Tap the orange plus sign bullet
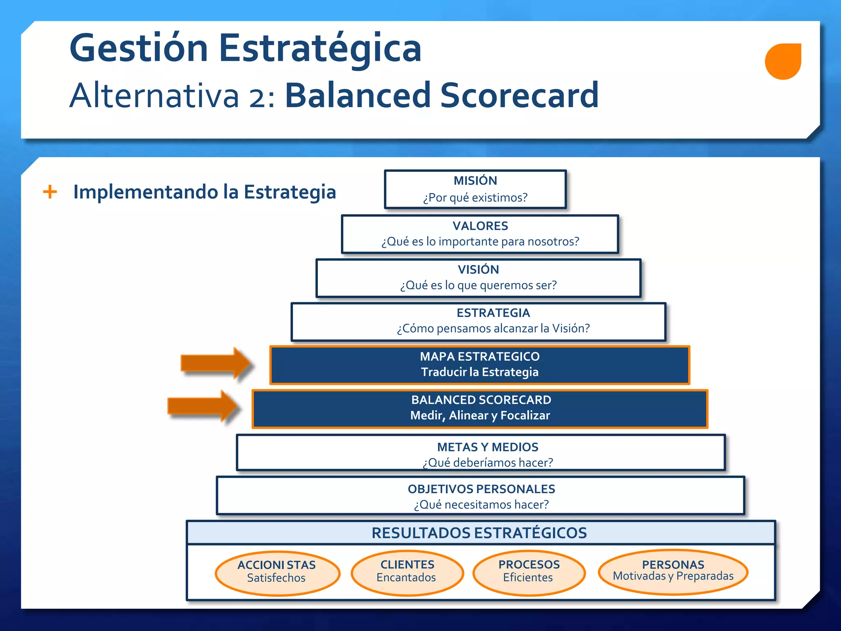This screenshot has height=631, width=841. point(50,192)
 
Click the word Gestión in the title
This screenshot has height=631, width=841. point(139,48)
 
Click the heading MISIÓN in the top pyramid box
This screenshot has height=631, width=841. point(475,181)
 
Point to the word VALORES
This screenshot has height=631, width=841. point(480,226)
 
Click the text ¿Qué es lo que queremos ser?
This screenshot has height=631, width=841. point(478,285)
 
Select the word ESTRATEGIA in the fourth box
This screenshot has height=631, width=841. point(493,313)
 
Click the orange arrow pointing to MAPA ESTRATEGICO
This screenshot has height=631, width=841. point(216,363)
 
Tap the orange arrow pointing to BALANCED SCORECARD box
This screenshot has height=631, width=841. point(203,406)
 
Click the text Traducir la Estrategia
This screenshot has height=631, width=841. point(480,372)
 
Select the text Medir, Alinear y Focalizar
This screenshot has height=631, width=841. point(480,415)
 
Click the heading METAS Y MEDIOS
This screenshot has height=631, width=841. point(487,447)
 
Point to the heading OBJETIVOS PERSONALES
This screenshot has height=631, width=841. point(481,489)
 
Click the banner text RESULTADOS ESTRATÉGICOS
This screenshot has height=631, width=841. point(479,533)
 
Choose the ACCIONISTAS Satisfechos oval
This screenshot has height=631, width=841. point(277,573)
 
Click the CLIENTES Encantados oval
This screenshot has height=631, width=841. point(407,572)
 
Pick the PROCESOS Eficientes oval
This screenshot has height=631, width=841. point(529,572)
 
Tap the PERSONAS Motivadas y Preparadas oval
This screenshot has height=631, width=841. point(673,571)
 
